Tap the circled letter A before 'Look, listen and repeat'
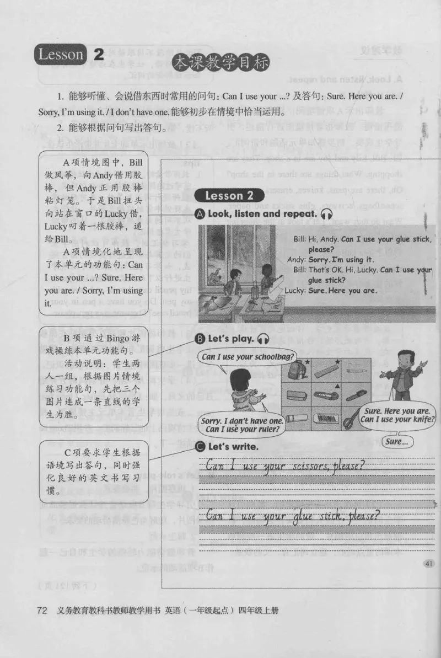click(x=200, y=214)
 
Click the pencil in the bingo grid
click(x=357, y=372)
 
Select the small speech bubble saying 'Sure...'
click(x=396, y=441)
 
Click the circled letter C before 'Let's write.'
click(x=200, y=446)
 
